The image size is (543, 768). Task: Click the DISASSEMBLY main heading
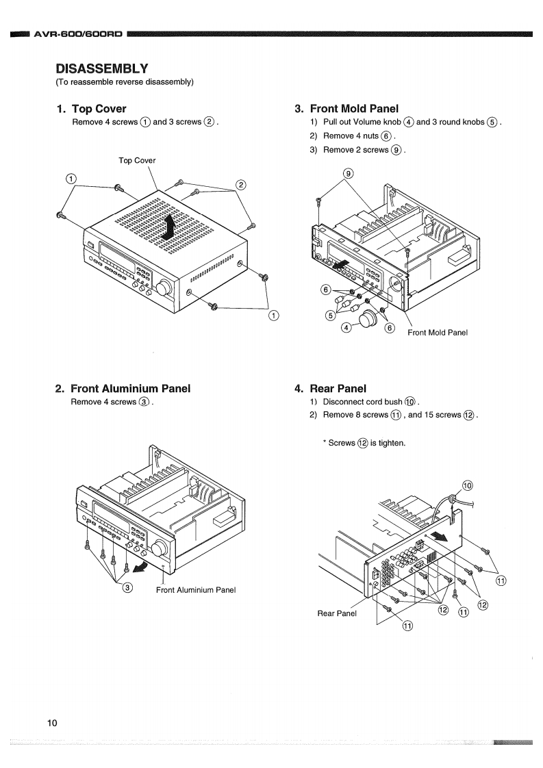point(102,68)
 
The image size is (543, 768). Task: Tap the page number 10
point(52,723)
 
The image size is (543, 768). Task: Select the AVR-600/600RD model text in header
point(78,34)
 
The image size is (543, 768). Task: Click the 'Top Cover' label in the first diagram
point(137,160)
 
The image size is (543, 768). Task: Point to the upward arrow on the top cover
point(169,227)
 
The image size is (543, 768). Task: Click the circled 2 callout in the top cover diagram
point(240,185)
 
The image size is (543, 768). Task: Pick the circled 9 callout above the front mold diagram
point(348,173)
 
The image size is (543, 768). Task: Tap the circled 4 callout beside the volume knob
point(346,328)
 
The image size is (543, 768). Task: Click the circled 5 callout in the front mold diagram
point(330,316)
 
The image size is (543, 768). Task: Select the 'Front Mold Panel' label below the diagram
point(438,333)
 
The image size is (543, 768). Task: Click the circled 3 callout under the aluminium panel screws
point(127,587)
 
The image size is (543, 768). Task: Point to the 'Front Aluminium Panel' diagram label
point(196,590)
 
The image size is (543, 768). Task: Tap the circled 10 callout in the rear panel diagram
point(467,486)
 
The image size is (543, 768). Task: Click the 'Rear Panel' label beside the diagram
point(337,613)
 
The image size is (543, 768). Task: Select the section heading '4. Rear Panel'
point(330,389)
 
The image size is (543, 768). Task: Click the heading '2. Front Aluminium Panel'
point(123,389)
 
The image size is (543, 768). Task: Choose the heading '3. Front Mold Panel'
point(346,109)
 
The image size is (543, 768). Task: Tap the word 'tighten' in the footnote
point(392,444)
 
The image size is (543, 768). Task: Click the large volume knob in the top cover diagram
point(164,288)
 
